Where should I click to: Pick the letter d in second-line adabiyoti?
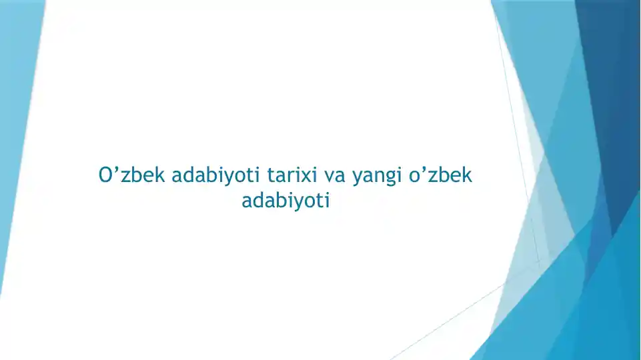[261, 199]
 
